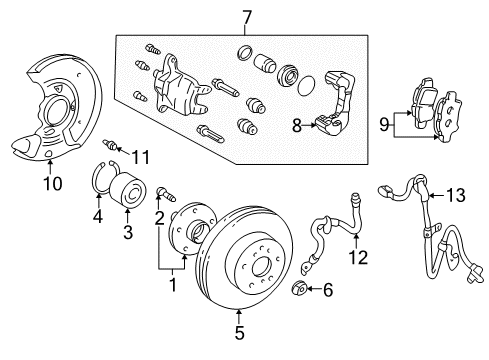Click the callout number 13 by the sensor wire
click(x=457, y=193)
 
